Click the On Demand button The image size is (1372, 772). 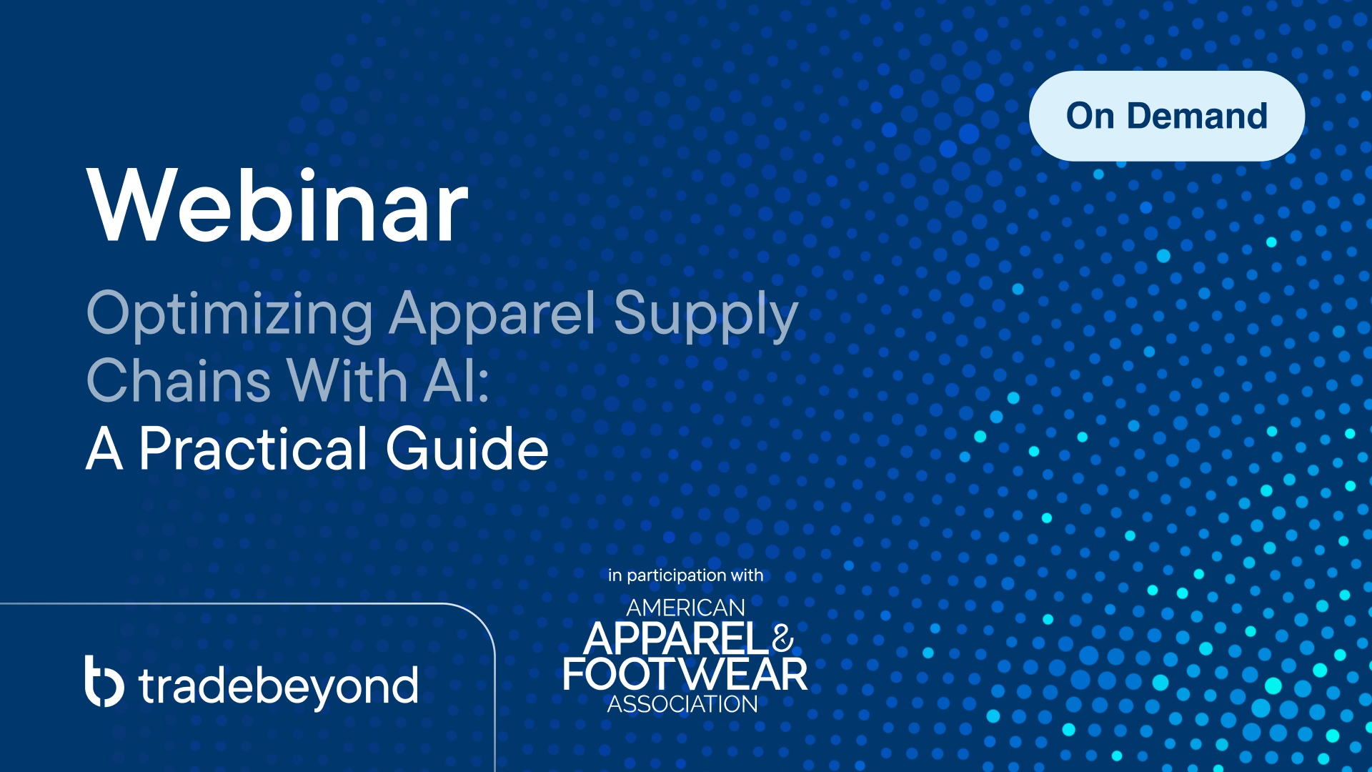point(1167,116)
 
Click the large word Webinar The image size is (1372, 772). point(277,206)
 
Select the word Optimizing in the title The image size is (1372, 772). point(229,315)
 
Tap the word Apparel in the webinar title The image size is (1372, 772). point(492,315)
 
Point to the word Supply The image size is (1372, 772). point(706,315)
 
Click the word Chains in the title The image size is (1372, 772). point(179,380)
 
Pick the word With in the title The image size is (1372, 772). point(347,380)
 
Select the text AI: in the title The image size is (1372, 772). point(457,380)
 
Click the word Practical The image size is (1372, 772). point(254,448)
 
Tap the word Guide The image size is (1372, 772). point(467,448)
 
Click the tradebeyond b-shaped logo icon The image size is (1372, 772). point(104,681)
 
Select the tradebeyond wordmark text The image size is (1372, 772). point(279,686)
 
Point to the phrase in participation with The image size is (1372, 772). point(685,575)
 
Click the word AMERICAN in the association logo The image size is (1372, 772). point(685,608)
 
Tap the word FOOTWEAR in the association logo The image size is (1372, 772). point(685,674)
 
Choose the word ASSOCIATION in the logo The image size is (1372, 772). point(682,704)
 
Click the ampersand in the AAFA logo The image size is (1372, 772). point(783,638)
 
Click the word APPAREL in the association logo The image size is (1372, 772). point(677,638)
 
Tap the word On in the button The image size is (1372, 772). point(1090,116)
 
